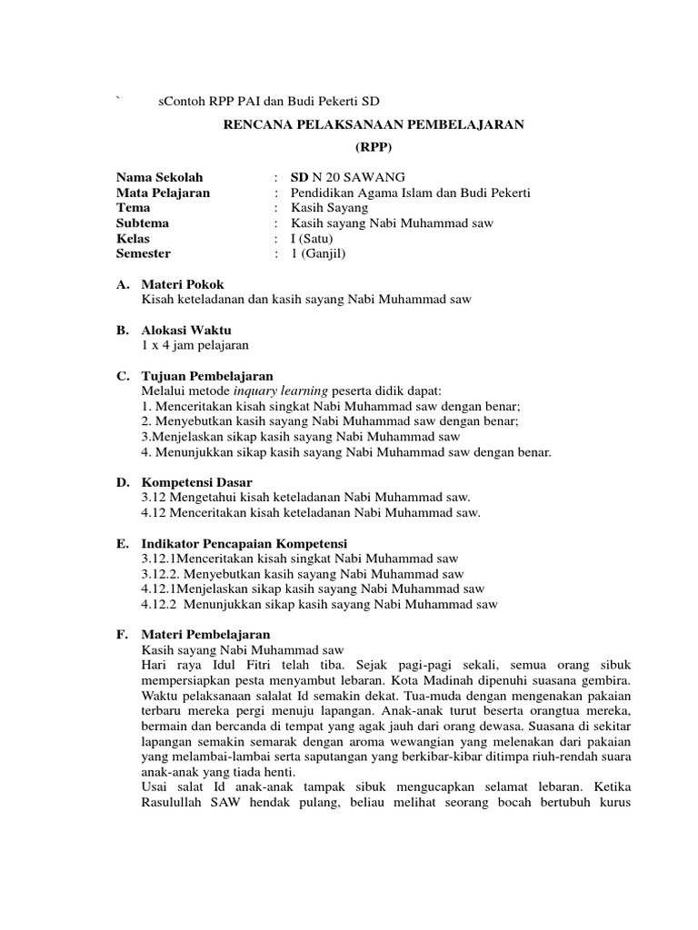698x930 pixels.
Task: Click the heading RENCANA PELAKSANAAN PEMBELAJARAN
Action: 374,124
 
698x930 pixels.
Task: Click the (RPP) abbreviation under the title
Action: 374,146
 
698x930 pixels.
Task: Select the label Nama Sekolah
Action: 160,177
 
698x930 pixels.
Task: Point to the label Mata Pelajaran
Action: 163,193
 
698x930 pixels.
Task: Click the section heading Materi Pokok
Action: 183,284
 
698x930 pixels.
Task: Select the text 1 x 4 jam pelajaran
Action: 194,345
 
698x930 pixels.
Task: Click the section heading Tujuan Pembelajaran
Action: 207,375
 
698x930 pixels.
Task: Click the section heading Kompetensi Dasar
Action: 197,481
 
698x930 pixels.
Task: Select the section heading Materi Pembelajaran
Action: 205,634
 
